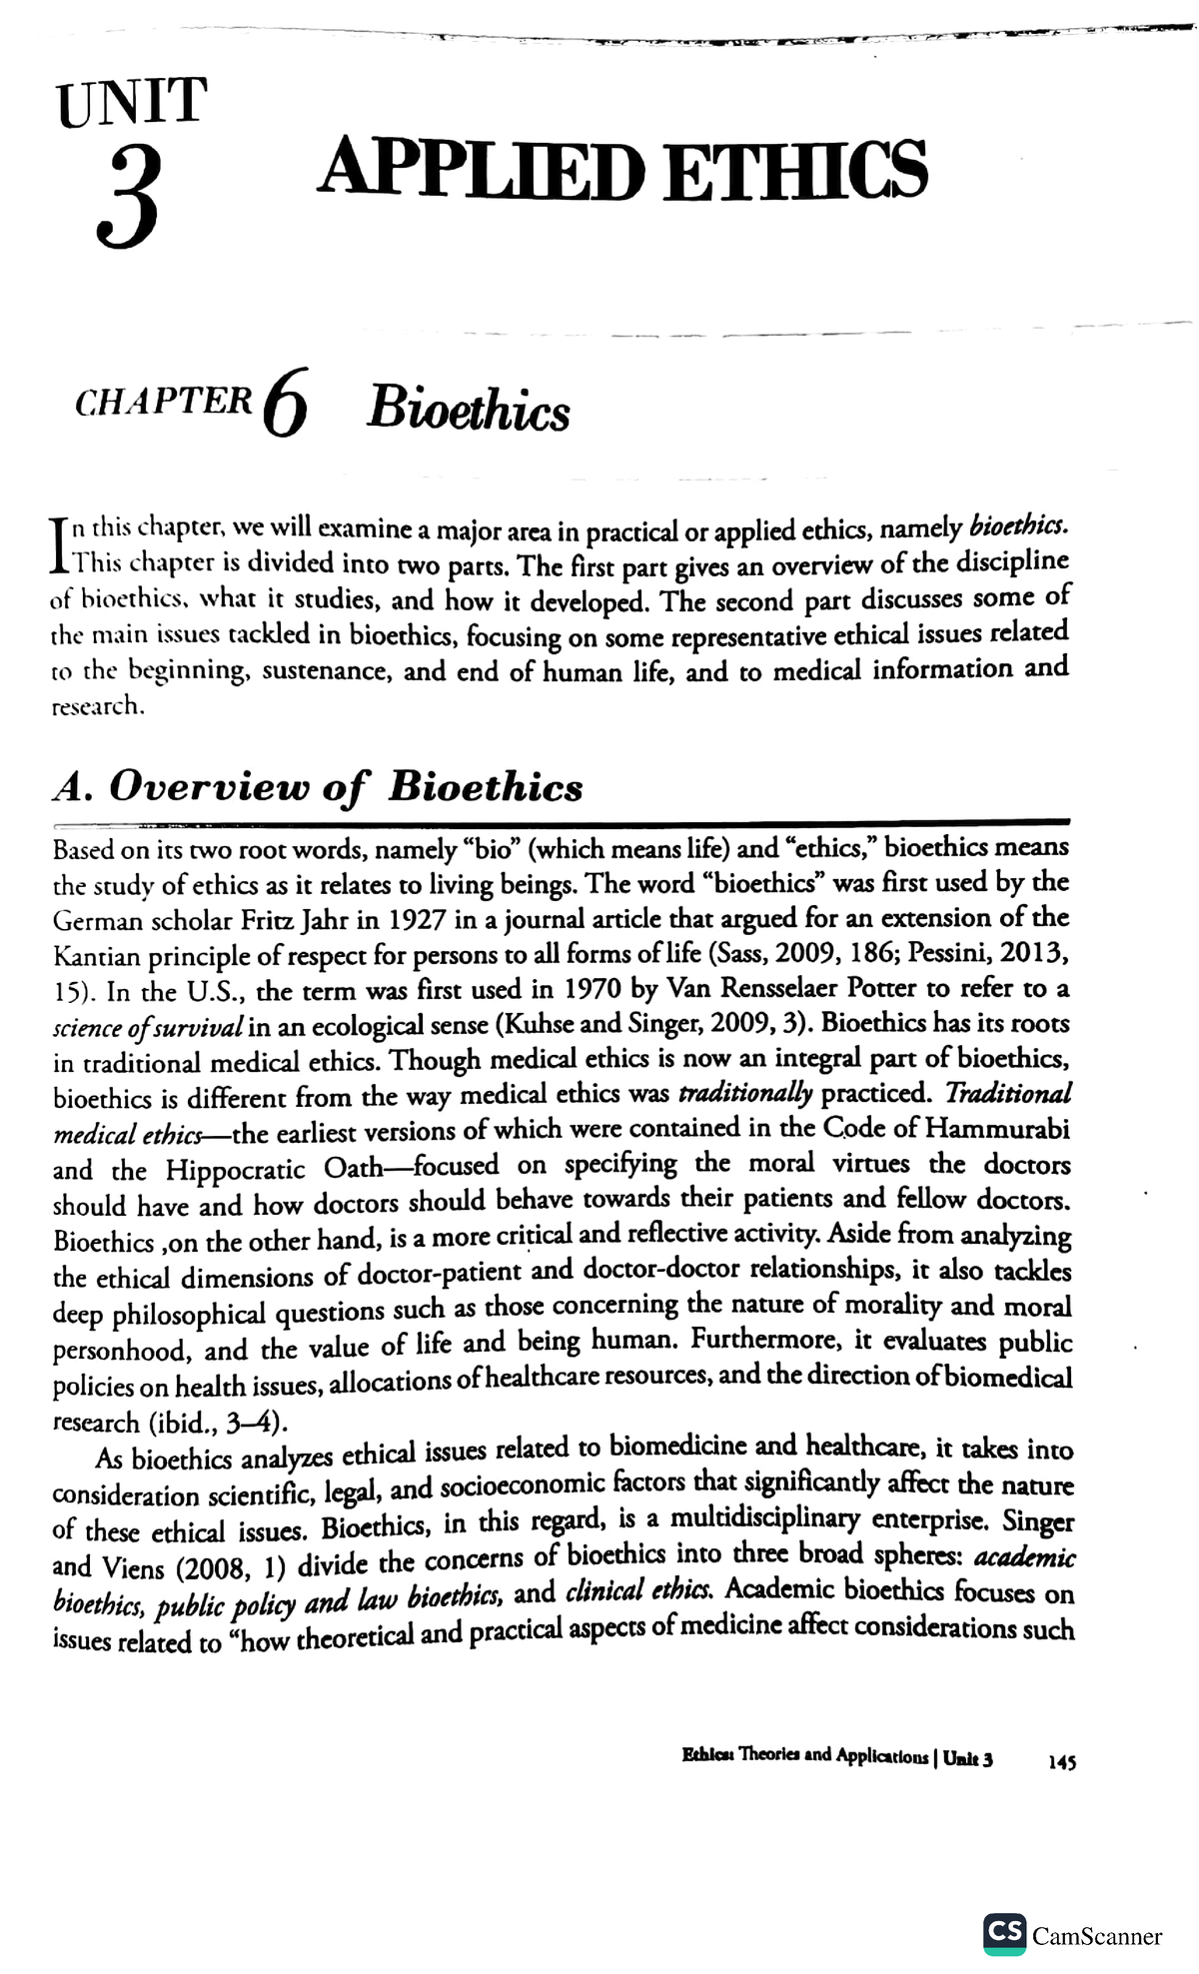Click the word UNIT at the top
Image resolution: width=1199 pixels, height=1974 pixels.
click(132, 102)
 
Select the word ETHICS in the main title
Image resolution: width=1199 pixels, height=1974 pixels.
click(795, 170)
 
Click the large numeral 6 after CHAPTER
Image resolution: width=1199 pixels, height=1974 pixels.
click(287, 410)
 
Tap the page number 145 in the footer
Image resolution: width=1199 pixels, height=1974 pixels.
click(1061, 1763)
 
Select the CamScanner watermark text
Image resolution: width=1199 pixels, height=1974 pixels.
click(1097, 1937)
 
